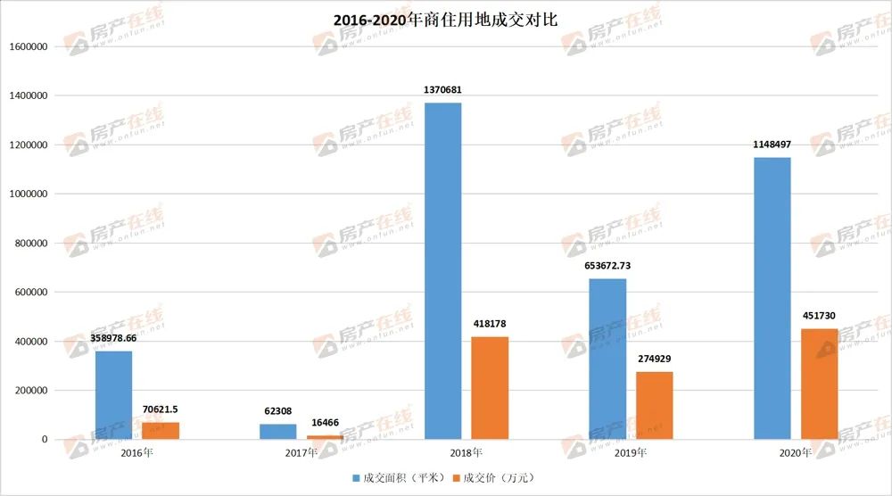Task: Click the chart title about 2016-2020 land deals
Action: point(445,19)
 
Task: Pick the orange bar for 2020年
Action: point(819,384)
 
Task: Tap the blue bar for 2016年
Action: point(113,395)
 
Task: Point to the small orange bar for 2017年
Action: point(326,437)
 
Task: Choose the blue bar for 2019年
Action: point(607,359)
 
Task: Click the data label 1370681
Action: point(442,90)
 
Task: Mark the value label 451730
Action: point(819,316)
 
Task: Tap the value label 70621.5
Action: point(161,409)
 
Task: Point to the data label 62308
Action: point(278,411)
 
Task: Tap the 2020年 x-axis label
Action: point(796,453)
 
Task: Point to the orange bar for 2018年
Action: point(490,388)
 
